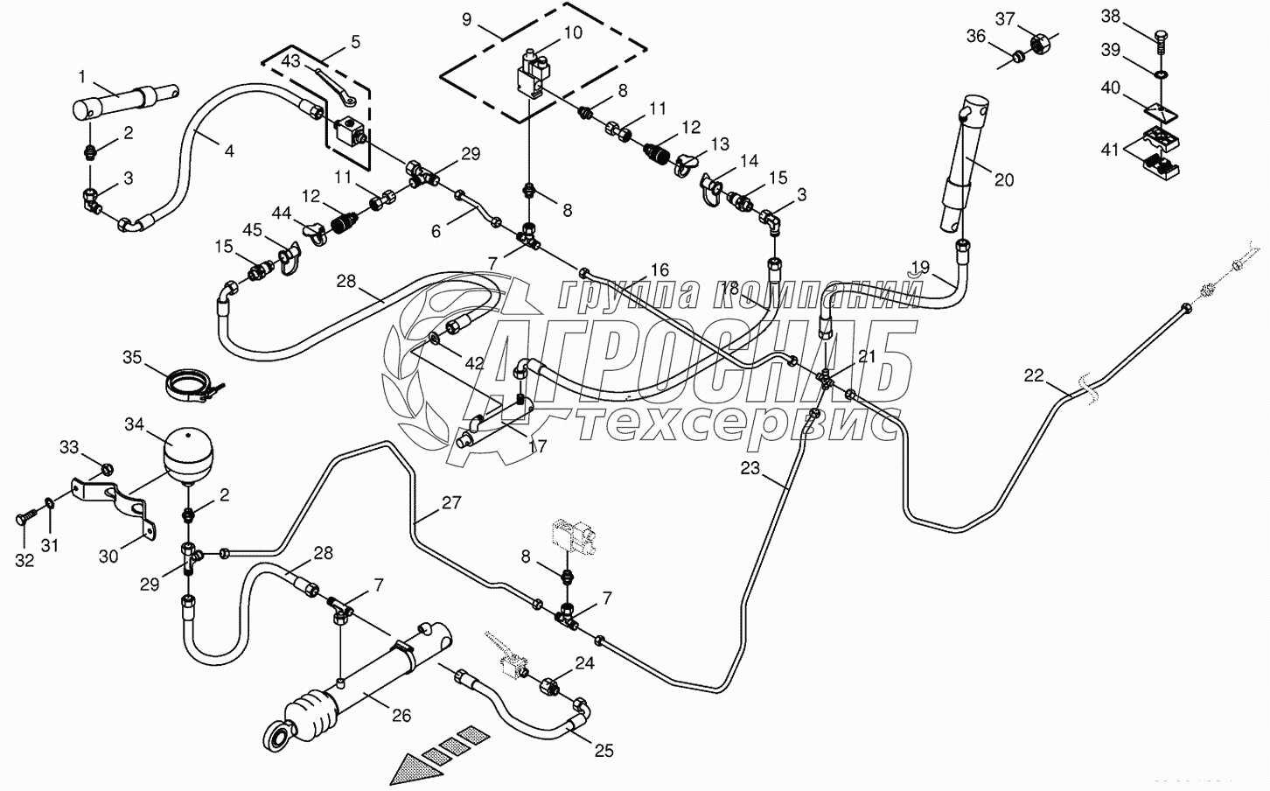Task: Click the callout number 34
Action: [x=134, y=424]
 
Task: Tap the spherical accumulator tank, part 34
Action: [x=186, y=452]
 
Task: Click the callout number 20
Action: [x=1004, y=179]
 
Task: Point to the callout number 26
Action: [x=401, y=715]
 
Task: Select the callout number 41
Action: [x=1110, y=150]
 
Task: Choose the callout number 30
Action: [x=108, y=556]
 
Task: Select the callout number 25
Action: [x=604, y=750]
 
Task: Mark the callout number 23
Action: [x=750, y=468]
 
